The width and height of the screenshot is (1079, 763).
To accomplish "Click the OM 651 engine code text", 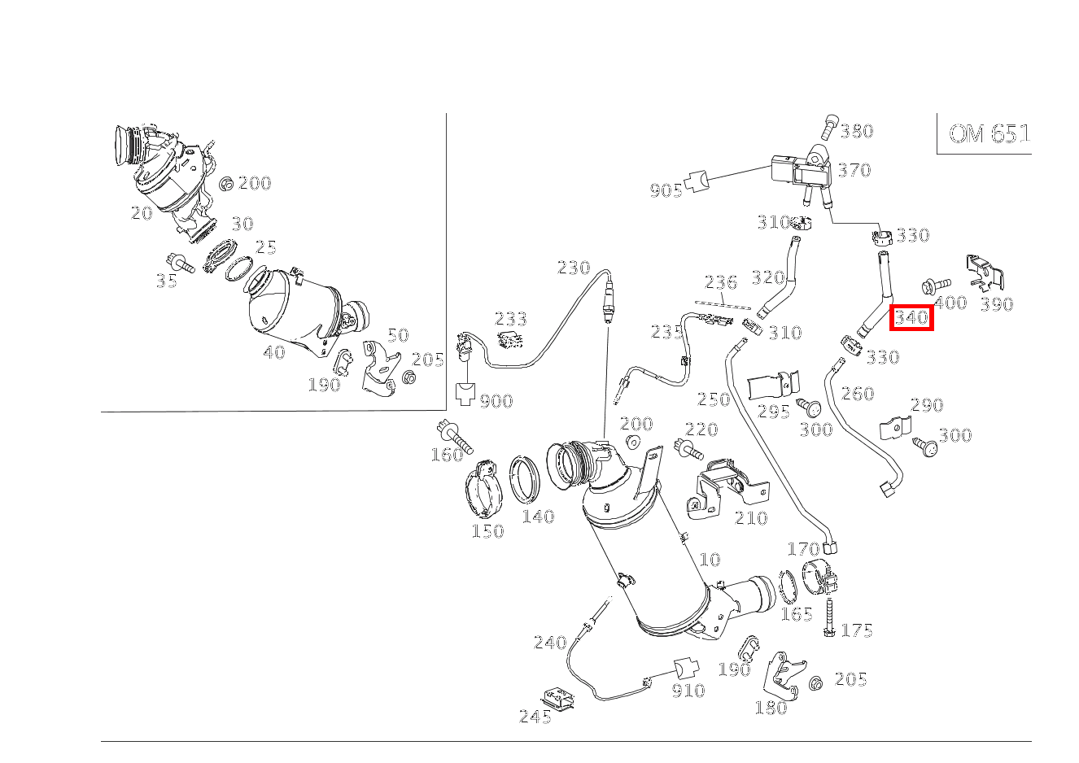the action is click(989, 134).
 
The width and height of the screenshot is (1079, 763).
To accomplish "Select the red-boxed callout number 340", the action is click(911, 318).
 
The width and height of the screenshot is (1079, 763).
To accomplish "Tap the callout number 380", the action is click(857, 131).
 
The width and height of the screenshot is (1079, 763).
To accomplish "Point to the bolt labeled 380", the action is click(829, 127).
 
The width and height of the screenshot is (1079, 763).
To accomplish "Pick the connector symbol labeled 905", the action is click(697, 181).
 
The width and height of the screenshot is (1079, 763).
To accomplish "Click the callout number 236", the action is click(721, 282).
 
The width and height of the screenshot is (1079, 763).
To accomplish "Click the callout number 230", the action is click(574, 268).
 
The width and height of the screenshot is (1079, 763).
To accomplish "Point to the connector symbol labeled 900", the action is click(465, 394).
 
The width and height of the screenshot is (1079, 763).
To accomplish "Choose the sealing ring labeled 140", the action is click(525, 479).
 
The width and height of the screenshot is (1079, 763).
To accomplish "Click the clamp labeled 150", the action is click(484, 489).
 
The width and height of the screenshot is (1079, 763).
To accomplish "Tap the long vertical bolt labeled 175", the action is click(829, 617).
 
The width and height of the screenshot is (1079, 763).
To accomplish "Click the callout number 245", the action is click(535, 717).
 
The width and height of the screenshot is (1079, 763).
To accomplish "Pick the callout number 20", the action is click(142, 213).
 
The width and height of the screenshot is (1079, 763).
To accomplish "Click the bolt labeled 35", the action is click(180, 263).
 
